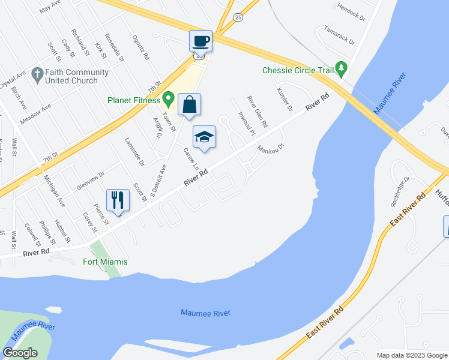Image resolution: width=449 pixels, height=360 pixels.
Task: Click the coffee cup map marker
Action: [200, 41]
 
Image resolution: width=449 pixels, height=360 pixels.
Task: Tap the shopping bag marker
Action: [189, 105]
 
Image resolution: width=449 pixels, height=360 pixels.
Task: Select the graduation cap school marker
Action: [204, 137]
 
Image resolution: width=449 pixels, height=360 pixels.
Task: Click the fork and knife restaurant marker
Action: [118, 200]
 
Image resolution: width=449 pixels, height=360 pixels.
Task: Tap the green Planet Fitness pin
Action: [169, 97]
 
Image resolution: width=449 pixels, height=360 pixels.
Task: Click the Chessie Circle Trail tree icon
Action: [342, 68]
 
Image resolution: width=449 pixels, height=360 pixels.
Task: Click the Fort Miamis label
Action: [105, 262]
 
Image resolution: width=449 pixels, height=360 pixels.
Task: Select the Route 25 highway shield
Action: [238, 19]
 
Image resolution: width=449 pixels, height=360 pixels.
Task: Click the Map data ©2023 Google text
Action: [412, 355]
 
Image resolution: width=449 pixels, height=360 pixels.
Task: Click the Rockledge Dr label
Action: [400, 191]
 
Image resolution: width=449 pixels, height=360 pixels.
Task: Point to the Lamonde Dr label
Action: [134, 154]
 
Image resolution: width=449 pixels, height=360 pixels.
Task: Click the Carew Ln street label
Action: [191, 158]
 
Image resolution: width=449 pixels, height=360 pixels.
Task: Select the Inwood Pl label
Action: [247, 122]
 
